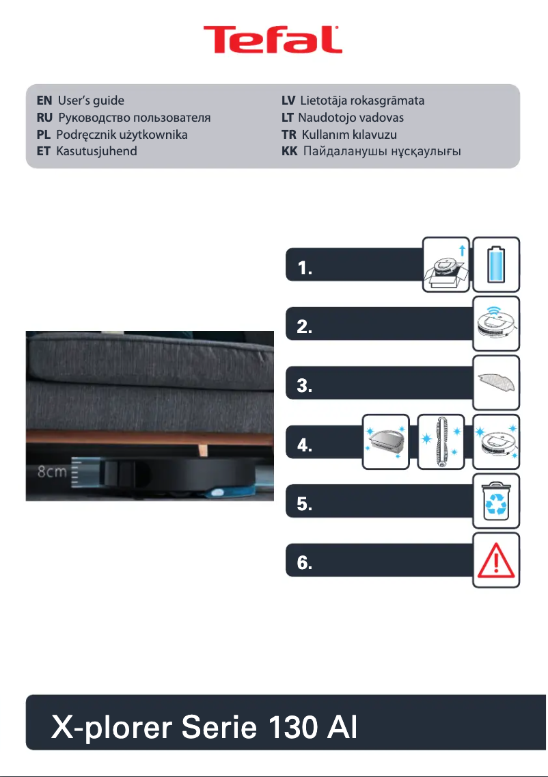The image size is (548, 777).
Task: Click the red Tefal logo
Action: click(x=273, y=40)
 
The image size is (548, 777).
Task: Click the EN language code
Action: click(x=44, y=101)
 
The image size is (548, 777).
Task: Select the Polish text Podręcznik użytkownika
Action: click(x=122, y=134)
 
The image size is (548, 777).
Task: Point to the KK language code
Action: click(x=290, y=150)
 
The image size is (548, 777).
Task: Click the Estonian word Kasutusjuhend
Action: click(x=96, y=150)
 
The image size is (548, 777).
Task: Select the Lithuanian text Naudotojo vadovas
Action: click(x=351, y=118)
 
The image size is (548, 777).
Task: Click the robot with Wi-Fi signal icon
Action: click(x=497, y=324)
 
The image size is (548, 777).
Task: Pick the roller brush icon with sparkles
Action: click(x=441, y=442)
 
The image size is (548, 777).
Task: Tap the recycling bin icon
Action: click(x=497, y=501)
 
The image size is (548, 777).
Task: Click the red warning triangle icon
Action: click(x=497, y=559)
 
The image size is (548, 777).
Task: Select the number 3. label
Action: click(x=305, y=387)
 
